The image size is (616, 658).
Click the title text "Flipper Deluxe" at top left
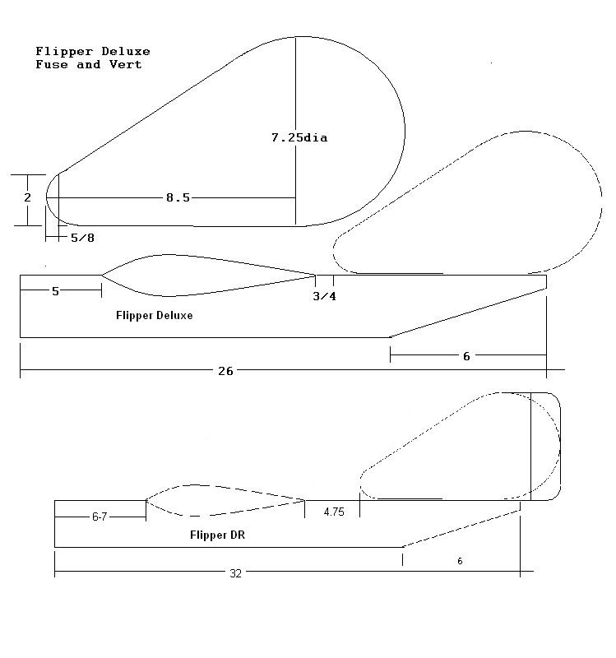pyautogui.click(x=93, y=51)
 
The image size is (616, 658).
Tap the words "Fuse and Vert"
pyautogui.click(x=89, y=64)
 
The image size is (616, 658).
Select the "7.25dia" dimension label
pyautogui.click(x=299, y=137)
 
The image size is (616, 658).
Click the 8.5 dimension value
pyautogui.click(x=178, y=197)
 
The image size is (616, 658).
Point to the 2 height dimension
pyautogui.click(x=28, y=197)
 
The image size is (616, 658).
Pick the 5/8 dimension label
pyautogui.click(x=82, y=238)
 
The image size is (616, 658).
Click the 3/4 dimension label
pyautogui.click(x=324, y=296)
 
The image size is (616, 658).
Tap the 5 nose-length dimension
pyautogui.click(x=55, y=291)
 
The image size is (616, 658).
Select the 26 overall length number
pyautogui.click(x=225, y=371)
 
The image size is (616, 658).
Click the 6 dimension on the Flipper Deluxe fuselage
pyautogui.click(x=466, y=356)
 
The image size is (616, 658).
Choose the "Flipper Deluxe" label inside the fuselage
pyautogui.click(x=155, y=315)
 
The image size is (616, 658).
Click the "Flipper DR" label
pyautogui.click(x=217, y=535)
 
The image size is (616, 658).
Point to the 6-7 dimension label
pyautogui.click(x=100, y=517)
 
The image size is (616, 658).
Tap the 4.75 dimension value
pyautogui.click(x=334, y=512)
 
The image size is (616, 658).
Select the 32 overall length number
pyautogui.click(x=236, y=573)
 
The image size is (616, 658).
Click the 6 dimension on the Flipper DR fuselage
pyautogui.click(x=460, y=561)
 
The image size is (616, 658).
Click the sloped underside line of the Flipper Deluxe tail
pyautogui.click(x=468, y=313)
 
